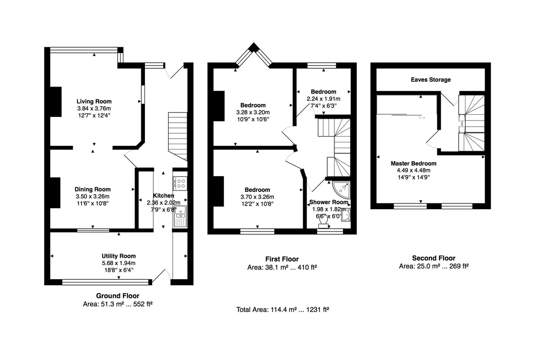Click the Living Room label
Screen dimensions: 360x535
click(94, 101)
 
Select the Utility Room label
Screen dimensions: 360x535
click(118, 256)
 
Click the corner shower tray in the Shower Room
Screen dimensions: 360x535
click(342, 190)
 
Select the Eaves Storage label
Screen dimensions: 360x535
click(430, 80)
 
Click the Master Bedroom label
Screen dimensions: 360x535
click(413, 164)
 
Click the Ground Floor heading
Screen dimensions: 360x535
click(118, 296)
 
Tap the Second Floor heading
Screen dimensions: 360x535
click(433, 258)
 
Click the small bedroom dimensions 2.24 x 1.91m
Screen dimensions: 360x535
click(323, 99)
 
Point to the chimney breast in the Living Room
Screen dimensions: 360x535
click(55, 103)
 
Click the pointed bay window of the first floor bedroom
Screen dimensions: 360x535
click(253, 55)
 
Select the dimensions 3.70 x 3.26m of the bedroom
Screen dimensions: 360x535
click(257, 197)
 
